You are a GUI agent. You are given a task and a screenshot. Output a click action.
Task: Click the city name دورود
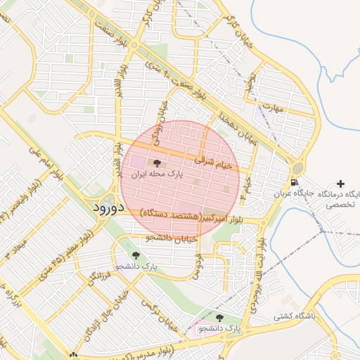(x=108, y=208)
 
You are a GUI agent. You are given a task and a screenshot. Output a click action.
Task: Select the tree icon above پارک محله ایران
(x=156, y=163)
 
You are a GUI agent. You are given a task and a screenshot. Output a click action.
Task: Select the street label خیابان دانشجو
(x=172, y=238)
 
